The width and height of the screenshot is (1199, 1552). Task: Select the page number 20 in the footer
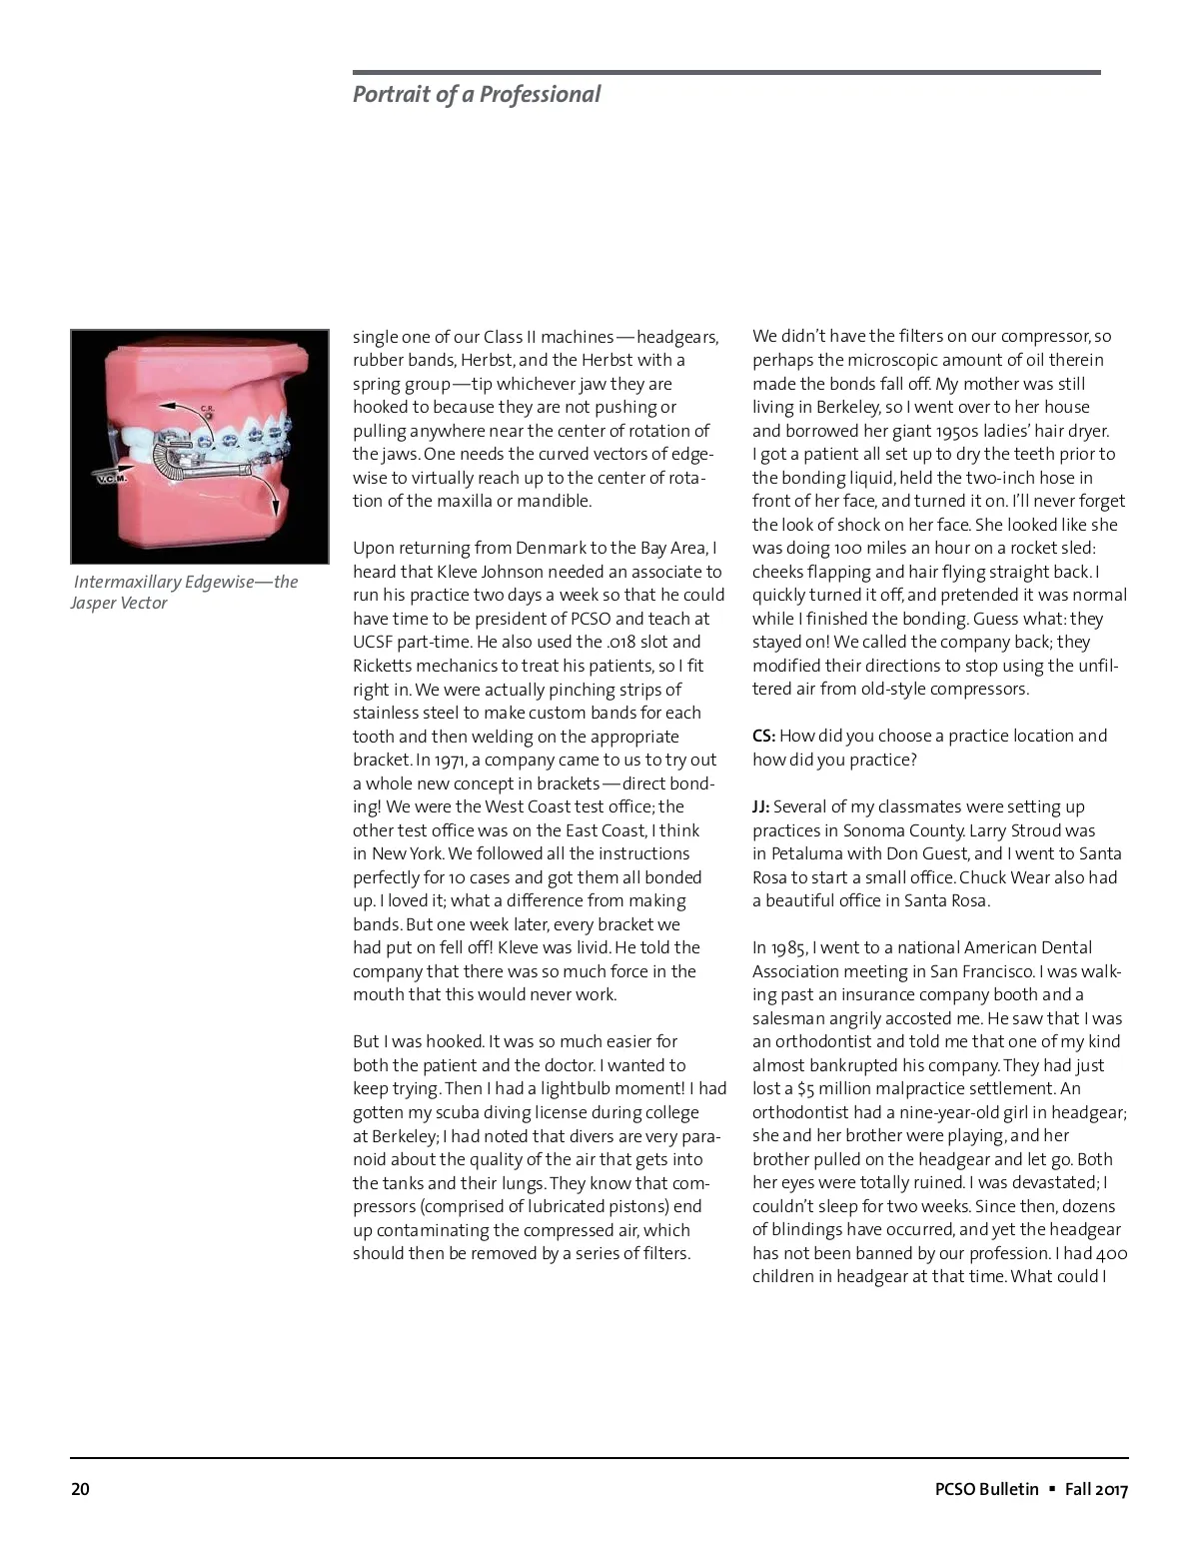pos(80,1489)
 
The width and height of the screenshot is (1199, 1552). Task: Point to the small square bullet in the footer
pos(1051,1489)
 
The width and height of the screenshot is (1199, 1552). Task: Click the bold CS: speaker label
pos(763,736)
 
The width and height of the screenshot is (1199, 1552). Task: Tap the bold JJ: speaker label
pos(761,806)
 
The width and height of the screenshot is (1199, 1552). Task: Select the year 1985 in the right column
pos(789,947)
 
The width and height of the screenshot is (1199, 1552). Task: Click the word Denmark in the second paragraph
pos(548,548)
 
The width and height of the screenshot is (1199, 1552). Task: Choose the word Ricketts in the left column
pos(385,666)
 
